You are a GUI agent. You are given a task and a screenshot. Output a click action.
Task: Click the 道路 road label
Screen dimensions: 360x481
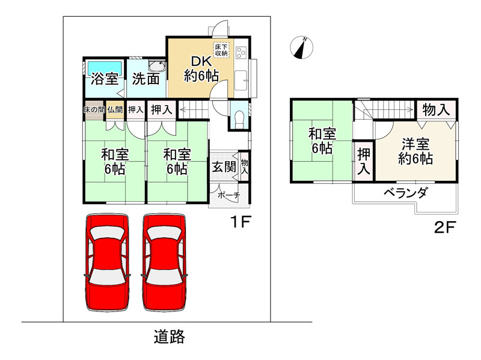click(169, 337)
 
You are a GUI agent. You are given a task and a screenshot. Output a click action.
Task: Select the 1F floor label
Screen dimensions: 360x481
click(241, 222)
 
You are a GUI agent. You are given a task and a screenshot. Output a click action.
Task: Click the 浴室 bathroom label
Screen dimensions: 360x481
click(105, 79)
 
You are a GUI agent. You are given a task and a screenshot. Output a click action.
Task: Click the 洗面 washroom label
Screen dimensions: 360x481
click(146, 79)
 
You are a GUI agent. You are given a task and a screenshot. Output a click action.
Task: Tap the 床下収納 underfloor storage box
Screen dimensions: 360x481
click(221, 50)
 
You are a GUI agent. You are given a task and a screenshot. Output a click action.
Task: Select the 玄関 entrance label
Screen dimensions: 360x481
click(223, 166)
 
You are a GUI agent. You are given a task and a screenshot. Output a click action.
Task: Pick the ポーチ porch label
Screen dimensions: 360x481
click(228, 195)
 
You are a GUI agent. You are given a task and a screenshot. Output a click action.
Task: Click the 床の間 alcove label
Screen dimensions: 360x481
click(94, 109)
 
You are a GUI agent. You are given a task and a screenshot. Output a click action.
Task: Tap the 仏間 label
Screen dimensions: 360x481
click(115, 109)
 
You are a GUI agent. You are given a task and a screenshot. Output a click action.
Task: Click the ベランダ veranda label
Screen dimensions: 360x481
click(406, 194)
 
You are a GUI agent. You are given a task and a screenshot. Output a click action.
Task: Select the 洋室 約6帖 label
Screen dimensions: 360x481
click(415, 151)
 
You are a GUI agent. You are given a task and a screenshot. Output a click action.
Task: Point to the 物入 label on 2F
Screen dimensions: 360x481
click(436, 110)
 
